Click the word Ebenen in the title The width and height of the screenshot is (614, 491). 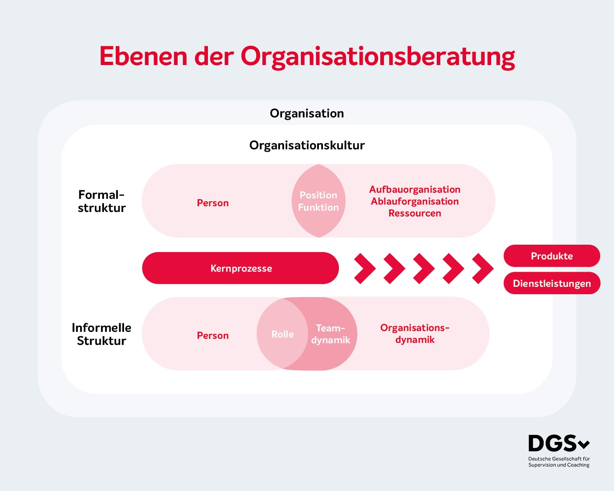coord(143,56)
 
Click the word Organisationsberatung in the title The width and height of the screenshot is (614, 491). coord(378,57)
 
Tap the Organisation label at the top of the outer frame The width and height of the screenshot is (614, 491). coord(307,114)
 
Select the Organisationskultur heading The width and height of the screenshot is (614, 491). coord(307,145)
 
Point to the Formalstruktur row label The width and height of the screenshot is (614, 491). coord(102,201)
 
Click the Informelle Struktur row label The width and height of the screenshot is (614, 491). coord(102,334)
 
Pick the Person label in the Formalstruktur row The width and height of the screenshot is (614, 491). coord(213,203)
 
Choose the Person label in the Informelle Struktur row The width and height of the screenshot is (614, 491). coord(213,336)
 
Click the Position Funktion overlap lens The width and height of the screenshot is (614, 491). coord(318,201)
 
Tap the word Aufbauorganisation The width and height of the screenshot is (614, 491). coord(415,189)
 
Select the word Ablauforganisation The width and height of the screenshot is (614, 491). coord(415,201)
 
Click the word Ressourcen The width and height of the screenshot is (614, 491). coord(415,213)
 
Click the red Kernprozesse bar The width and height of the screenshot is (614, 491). coord(241,268)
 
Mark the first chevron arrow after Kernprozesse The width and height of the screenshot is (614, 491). coord(365,268)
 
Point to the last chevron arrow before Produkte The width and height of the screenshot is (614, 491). coord(483,268)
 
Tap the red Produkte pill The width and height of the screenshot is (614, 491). coord(552,256)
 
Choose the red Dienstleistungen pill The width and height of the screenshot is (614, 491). coord(552,283)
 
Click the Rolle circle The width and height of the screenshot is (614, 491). coord(282,334)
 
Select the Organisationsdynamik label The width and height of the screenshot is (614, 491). coord(415,334)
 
